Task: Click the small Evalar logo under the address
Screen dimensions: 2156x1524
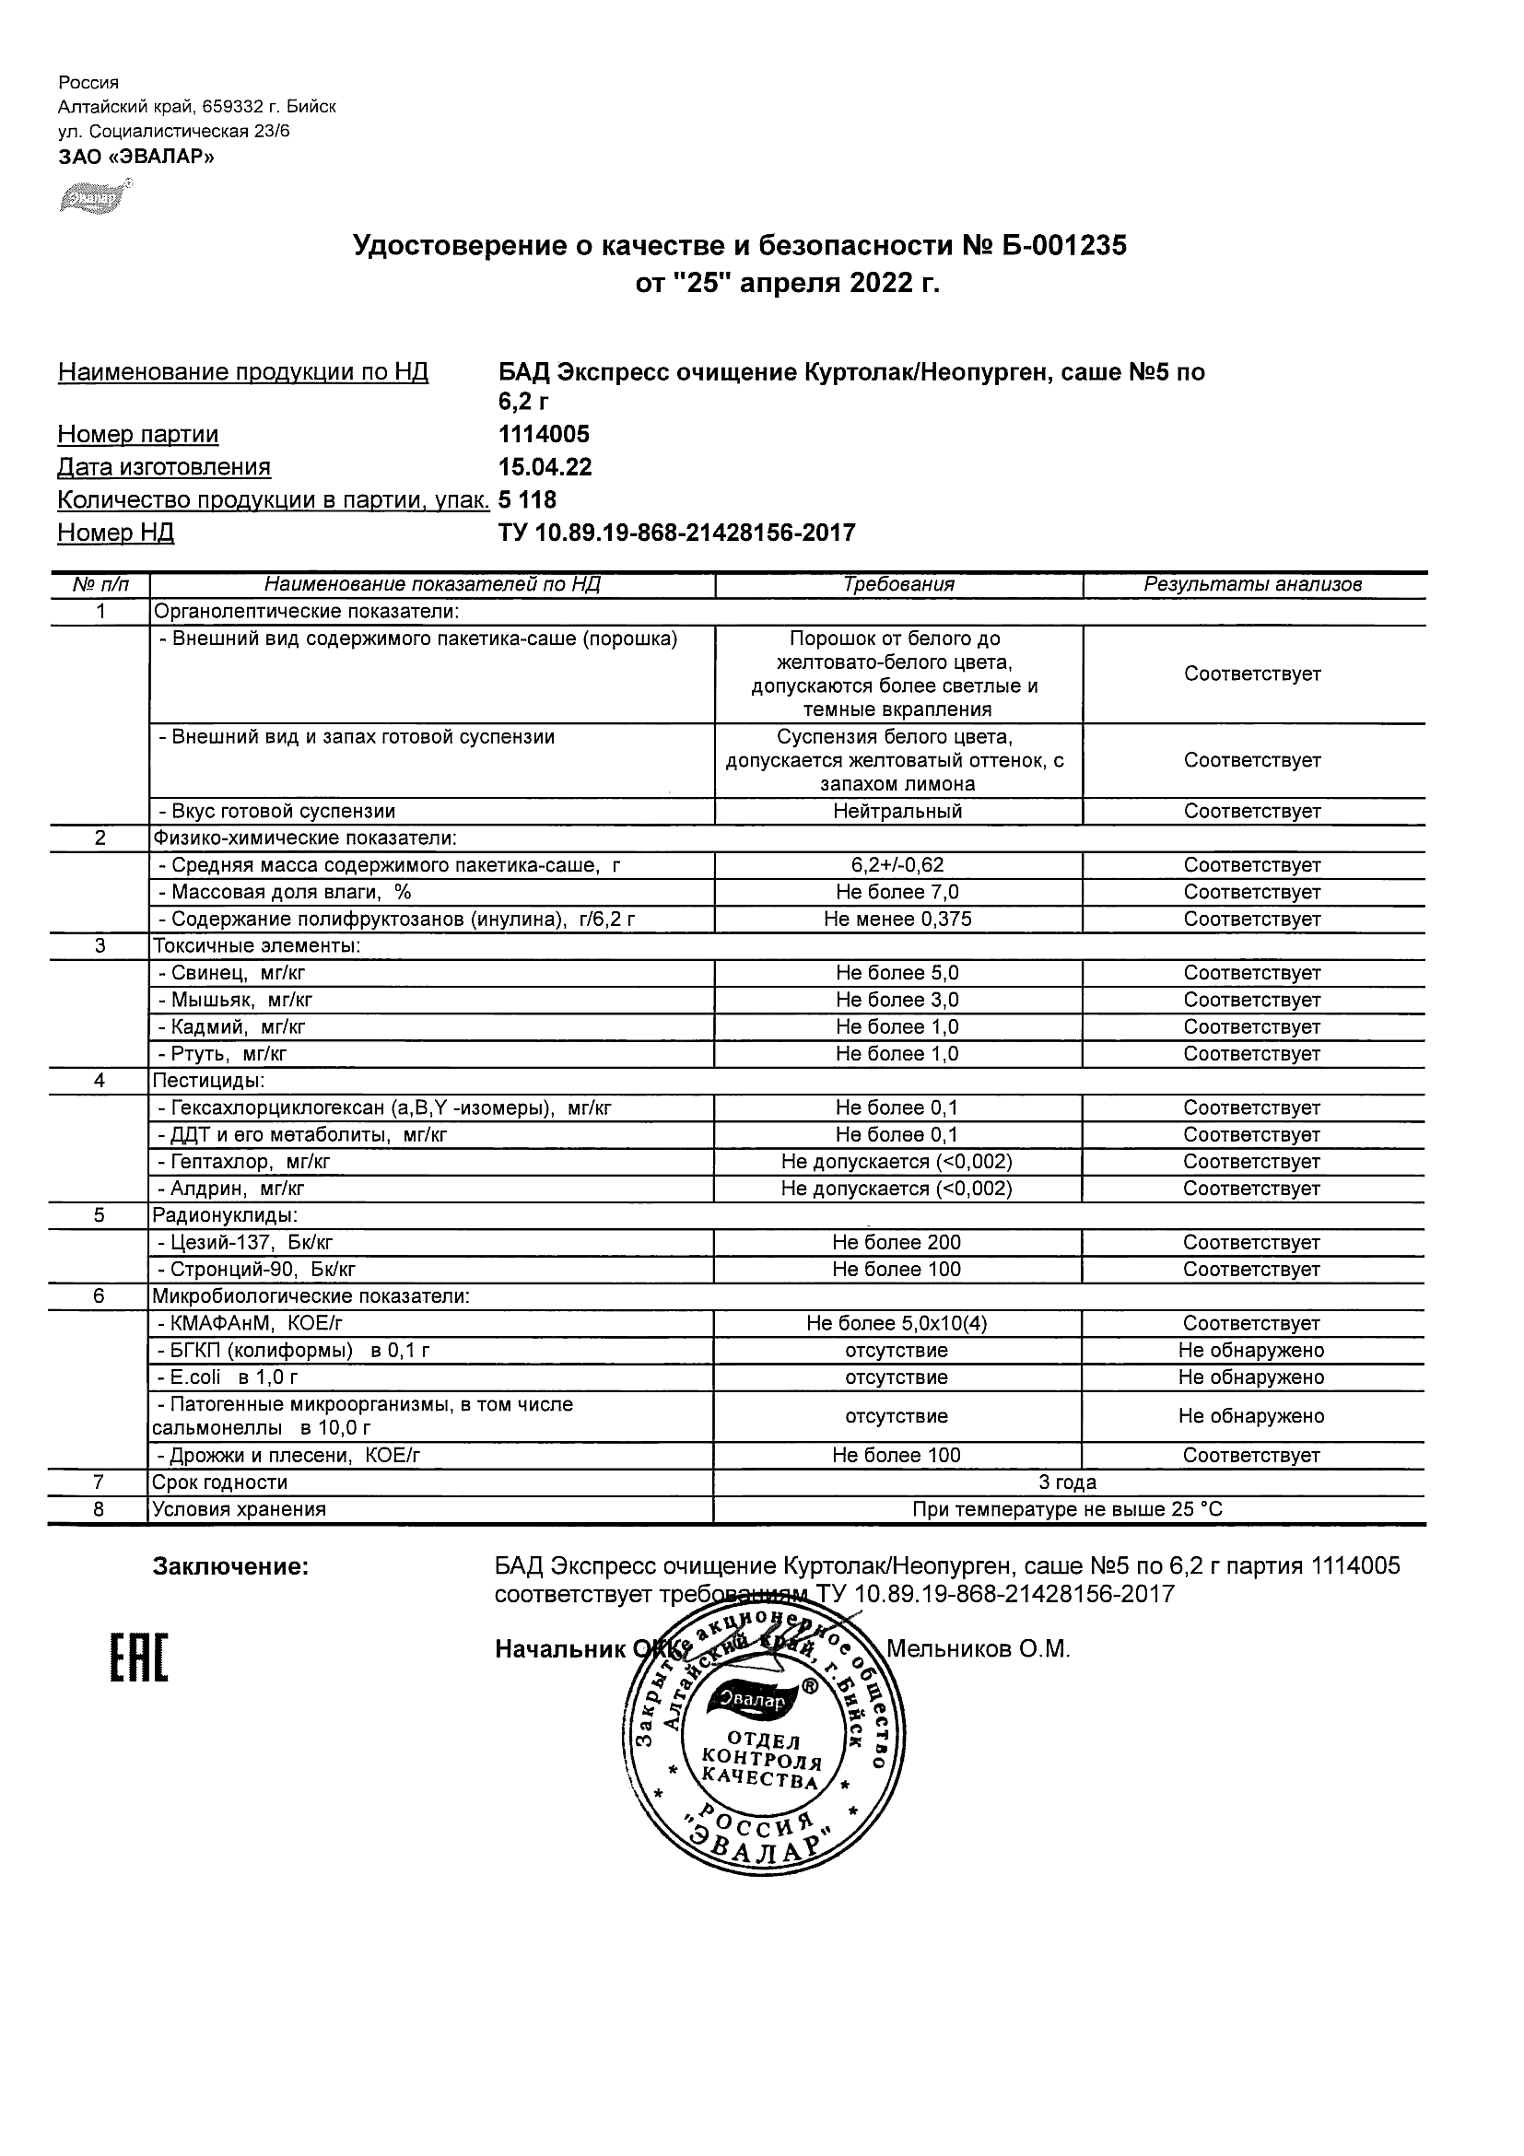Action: point(95,196)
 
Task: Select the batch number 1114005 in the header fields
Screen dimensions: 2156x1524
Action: point(544,434)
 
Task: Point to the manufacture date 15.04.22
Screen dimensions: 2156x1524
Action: point(545,467)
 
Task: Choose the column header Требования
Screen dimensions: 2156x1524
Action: point(898,584)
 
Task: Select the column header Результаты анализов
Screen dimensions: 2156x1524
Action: point(1252,584)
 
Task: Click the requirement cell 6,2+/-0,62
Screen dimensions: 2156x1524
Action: point(897,865)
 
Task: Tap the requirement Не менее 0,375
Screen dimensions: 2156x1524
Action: point(897,920)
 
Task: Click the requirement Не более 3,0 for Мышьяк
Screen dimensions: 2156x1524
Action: point(897,1000)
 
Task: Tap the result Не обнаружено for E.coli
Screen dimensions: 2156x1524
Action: point(1251,1377)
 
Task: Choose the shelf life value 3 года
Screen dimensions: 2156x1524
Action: point(1068,1482)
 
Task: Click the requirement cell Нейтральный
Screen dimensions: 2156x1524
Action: point(897,812)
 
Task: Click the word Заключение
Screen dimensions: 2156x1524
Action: point(231,1566)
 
